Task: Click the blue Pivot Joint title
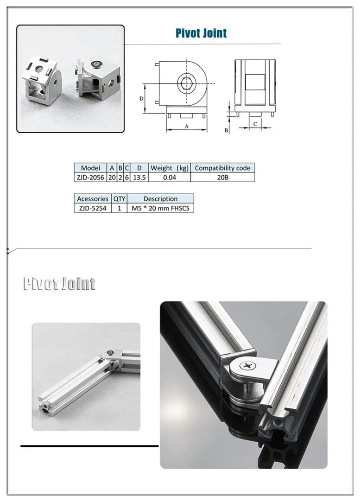(x=201, y=33)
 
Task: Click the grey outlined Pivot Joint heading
(x=59, y=284)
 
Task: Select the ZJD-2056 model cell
(x=90, y=177)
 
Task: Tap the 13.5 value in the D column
(x=139, y=177)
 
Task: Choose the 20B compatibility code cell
(x=222, y=177)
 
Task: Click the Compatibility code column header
(x=222, y=168)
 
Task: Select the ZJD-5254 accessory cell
(x=92, y=208)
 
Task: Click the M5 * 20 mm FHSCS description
(x=160, y=208)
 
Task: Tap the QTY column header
(x=119, y=199)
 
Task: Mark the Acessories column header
(x=93, y=199)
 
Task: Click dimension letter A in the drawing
(x=187, y=126)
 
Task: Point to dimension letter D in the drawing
(x=142, y=98)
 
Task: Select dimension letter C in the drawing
(x=255, y=124)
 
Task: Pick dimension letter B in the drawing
(x=226, y=131)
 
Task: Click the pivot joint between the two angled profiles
(x=111, y=354)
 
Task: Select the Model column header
(x=90, y=168)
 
